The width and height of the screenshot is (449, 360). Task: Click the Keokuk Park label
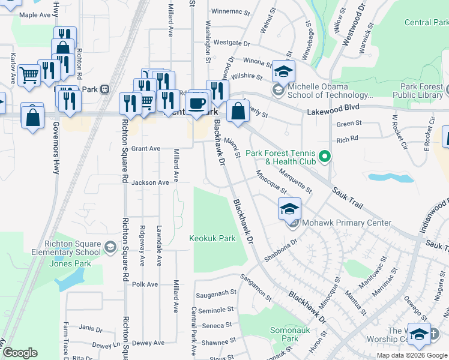pyautogui.click(x=212, y=238)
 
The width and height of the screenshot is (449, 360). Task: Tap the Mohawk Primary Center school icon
pyautogui.click(x=289, y=209)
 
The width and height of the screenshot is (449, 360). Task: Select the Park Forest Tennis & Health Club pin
pyautogui.click(x=325, y=157)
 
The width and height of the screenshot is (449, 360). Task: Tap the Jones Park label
pyautogui.click(x=70, y=263)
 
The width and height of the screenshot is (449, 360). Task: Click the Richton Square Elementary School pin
pyautogui.click(x=110, y=247)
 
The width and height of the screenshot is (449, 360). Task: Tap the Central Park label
pyautogui.click(x=426, y=22)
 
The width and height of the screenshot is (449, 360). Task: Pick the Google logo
pyautogui.click(x=20, y=353)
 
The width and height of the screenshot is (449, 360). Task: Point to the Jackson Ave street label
pyautogui.click(x=150, y=182)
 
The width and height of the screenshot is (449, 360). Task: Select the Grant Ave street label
pyautogui.click(x=146, y=148)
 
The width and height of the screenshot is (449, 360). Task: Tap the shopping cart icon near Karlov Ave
pyautogui.click(x=29, y=75)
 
